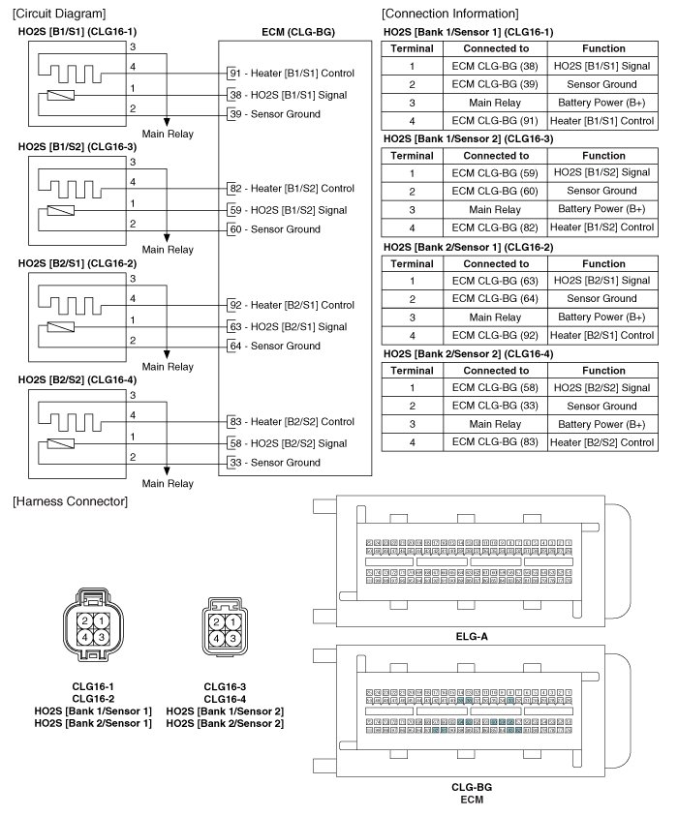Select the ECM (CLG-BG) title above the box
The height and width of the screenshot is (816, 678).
coord(298,32)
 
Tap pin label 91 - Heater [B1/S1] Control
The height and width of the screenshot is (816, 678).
coord(292,74)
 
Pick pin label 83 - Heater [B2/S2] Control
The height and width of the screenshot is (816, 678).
coord(292,422)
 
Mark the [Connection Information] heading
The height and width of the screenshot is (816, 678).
coord(449,13)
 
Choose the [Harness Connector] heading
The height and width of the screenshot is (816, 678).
coord(70,500)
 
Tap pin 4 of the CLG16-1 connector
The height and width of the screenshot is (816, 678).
coord(86,636)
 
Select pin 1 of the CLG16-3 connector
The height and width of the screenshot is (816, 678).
coord(232,621)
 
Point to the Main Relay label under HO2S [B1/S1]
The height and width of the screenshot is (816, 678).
coord(168,134)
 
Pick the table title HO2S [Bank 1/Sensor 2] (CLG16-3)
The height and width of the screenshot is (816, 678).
coord(469,138)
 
